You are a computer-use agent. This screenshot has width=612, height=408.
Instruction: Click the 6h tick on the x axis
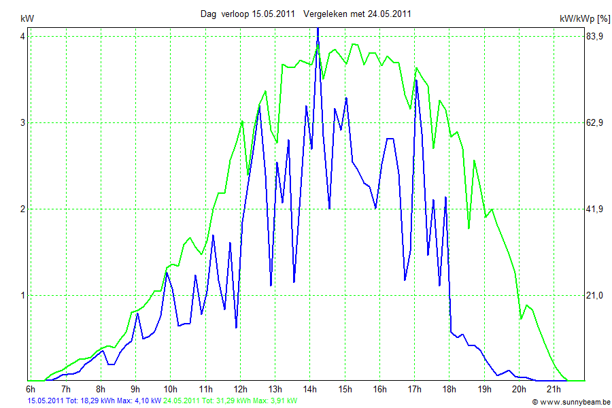(31, 389)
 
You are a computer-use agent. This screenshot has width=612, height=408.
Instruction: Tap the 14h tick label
(310, 389)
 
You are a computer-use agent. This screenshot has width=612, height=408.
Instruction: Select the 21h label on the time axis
(554, 389)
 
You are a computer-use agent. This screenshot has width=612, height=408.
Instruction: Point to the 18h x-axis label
(449, 389)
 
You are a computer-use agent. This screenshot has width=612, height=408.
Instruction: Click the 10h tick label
(171, 389)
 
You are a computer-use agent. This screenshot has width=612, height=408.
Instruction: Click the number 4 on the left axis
(22, 36)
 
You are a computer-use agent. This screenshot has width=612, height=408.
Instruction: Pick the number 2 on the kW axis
(22, 209)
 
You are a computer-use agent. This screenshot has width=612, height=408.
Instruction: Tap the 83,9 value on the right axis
(595, 36)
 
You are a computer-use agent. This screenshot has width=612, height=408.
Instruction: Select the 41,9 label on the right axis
(595, 209)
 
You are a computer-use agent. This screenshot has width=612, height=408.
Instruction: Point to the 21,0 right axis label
(595, 295)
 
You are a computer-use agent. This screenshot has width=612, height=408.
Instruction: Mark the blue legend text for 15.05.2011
(94, 401)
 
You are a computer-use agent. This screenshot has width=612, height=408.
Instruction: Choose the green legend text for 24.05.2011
(230, 401)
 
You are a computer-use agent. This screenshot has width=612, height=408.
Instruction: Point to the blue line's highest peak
(318, 29)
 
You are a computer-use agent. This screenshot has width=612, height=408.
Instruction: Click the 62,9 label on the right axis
(595, 122)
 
